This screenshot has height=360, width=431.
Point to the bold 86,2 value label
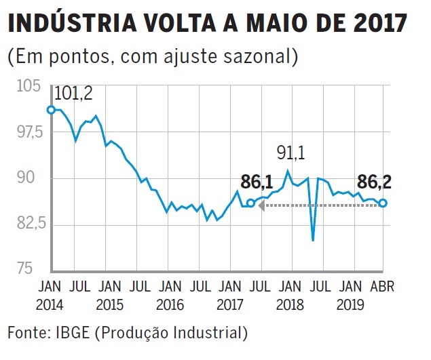375,181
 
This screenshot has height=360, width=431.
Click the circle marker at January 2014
50,110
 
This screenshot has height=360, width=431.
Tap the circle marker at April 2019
383,203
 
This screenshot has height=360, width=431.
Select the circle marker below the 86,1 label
250,203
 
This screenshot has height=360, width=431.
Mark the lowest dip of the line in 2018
313,239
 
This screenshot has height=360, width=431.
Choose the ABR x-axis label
381,285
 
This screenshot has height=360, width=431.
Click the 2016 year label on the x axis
170,304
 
